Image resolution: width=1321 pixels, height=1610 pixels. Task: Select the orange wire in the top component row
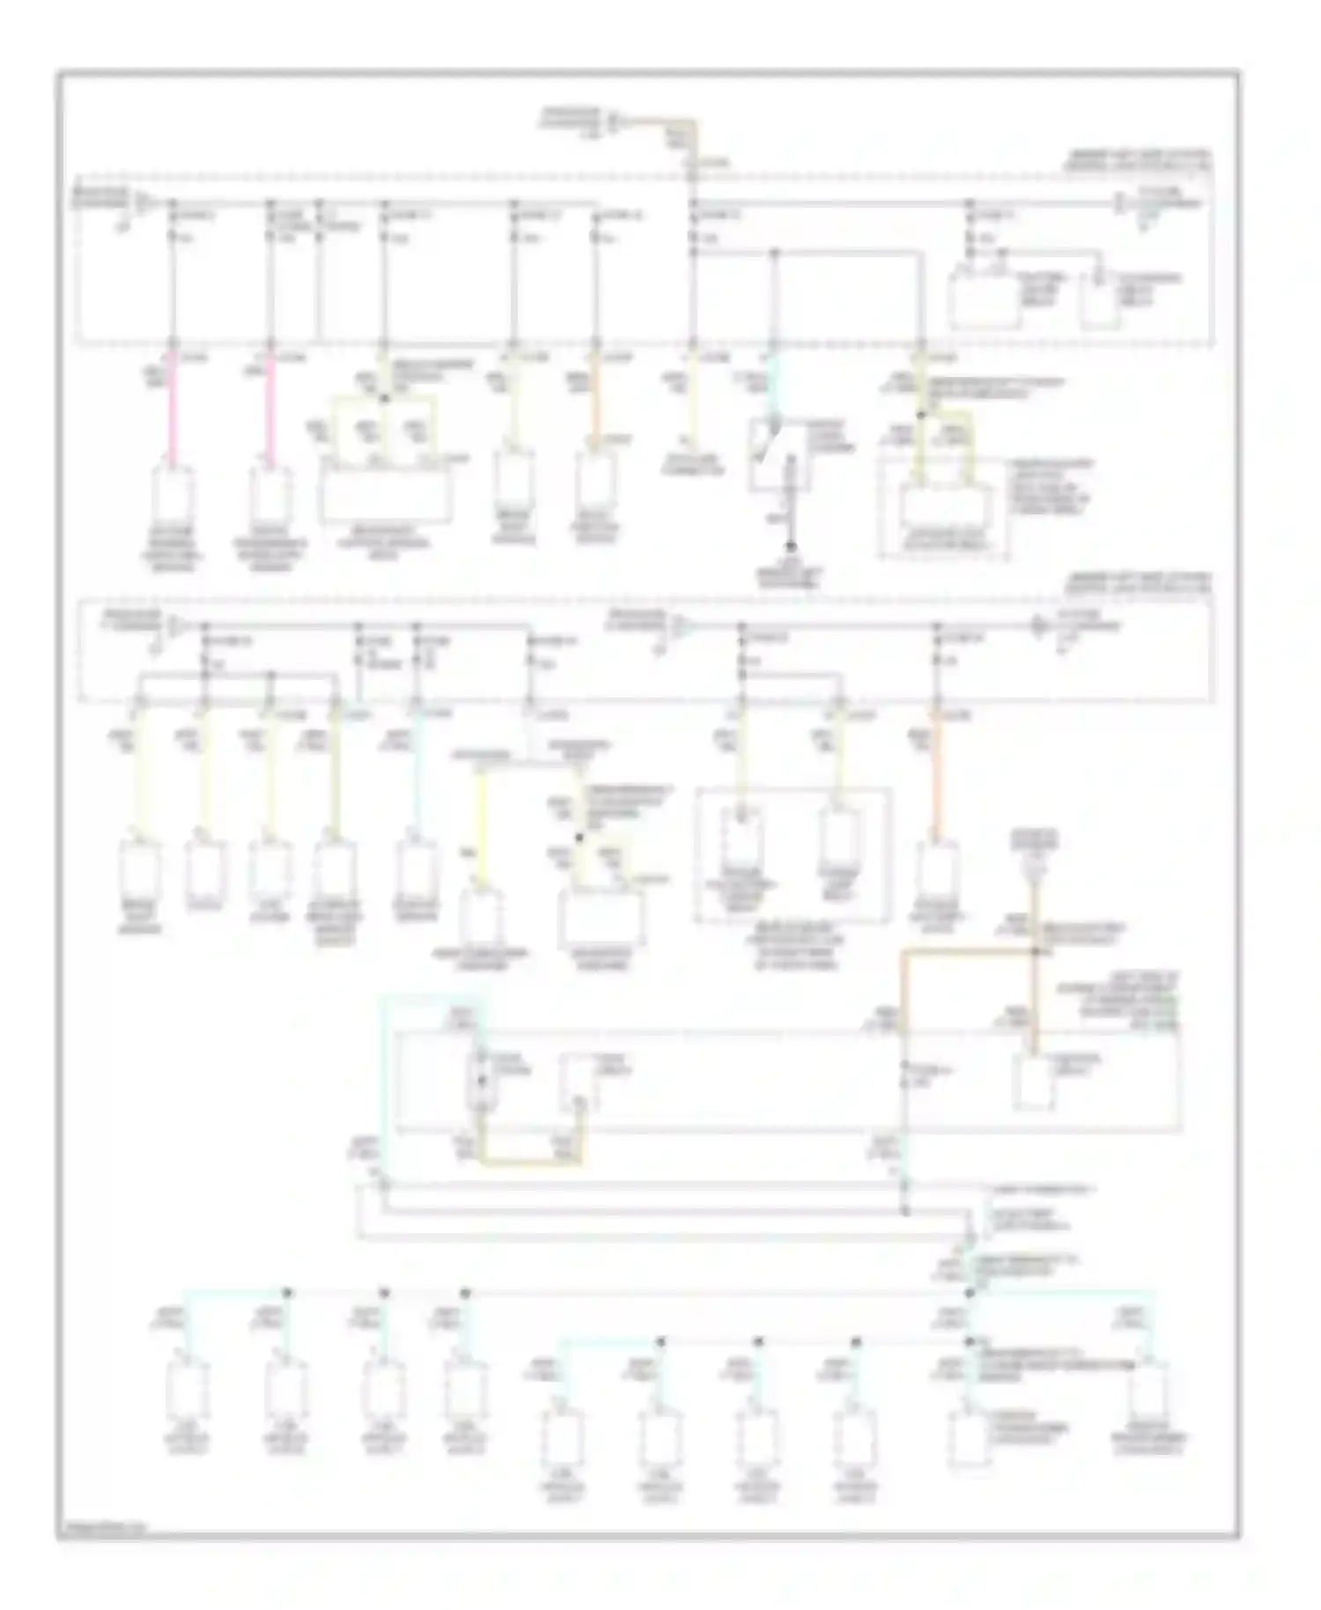[596, 405]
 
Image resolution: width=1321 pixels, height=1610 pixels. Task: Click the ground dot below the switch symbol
[791, 547]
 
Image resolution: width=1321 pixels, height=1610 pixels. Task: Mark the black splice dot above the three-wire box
[383, 399]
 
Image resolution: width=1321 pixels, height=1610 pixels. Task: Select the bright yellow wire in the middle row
[481, 828]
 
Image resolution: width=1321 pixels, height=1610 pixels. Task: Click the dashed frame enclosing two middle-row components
[793, 854]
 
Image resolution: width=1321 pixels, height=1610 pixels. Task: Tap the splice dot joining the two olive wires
[921, 414]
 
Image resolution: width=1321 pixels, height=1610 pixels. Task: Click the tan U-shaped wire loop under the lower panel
[528, 1161]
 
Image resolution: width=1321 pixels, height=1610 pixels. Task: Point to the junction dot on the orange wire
[1036, 952]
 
